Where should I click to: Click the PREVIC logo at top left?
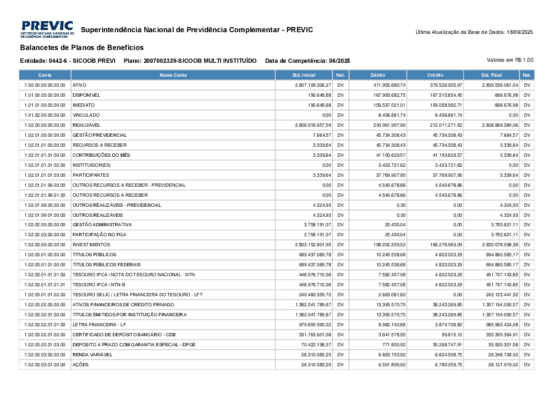click(x=47, y=29)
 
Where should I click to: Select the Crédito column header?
click(x=435, y=75)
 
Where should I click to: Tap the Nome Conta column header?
click(x=173, y=75)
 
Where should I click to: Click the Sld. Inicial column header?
click(x=304, y=75)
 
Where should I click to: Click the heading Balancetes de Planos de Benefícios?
click(x=82, y=48)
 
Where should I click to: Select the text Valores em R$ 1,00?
click(x=510, y=59)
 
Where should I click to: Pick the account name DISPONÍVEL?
click(x=86, y=95)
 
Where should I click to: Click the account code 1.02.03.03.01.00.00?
click(x=46, y=365)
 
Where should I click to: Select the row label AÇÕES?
click(x=80, y=365)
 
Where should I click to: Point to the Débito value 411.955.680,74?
click(x=389, y=85)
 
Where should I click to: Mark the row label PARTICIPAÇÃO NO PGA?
click(x=98, y=235)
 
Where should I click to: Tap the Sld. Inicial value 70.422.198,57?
click(x=313, y=345)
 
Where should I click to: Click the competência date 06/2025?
click(x=339, y=61)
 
